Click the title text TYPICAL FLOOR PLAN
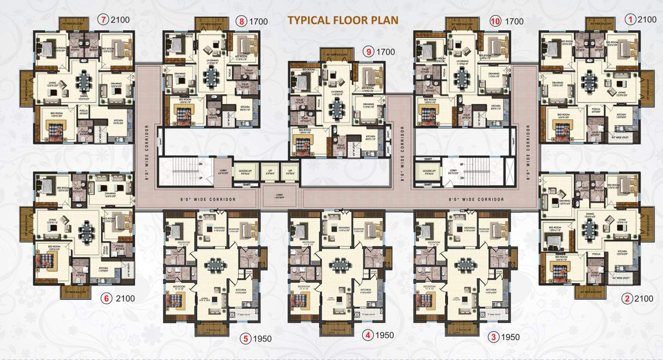click(343, 20)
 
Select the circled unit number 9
click(368, 51)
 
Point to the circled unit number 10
click(495, 21)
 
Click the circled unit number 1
click(631, 20)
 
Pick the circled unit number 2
click(628, 298)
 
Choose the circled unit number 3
click(493, 337)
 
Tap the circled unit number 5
click(245, 339)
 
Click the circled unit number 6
click(106, 298)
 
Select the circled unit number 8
click(242, 21)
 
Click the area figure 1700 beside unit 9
click(385, 51)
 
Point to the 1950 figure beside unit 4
click(384, 335)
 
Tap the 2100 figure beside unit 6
click(125, 298)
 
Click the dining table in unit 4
click(339, 265)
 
